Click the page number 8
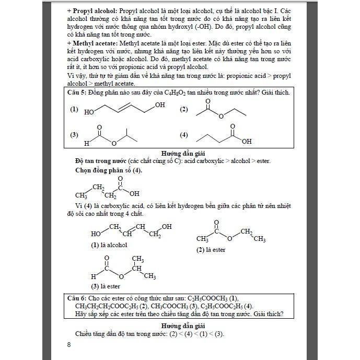click(69, 344)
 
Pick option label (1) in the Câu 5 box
click(74, 109)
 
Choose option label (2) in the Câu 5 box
click(184, 109)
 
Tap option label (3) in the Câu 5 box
click(74, 135)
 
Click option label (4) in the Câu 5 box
click(184, 135)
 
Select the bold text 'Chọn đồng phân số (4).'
click(108, 170)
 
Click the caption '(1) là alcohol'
click(109, 245)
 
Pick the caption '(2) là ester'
click(211, 250)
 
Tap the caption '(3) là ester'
click(106, 286)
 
